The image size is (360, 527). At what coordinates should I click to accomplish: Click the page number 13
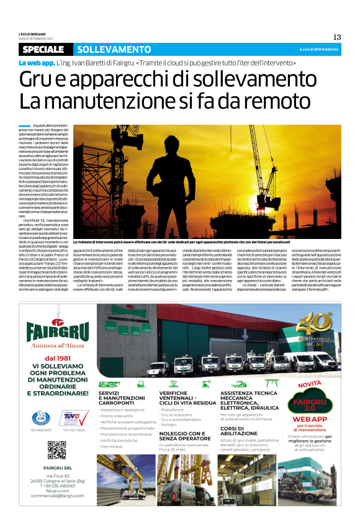click(x=337, y=37)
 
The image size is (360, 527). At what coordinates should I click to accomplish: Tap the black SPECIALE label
click(x=46, y=49)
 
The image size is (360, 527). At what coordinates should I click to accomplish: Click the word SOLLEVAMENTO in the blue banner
click(x=105, y=49)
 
